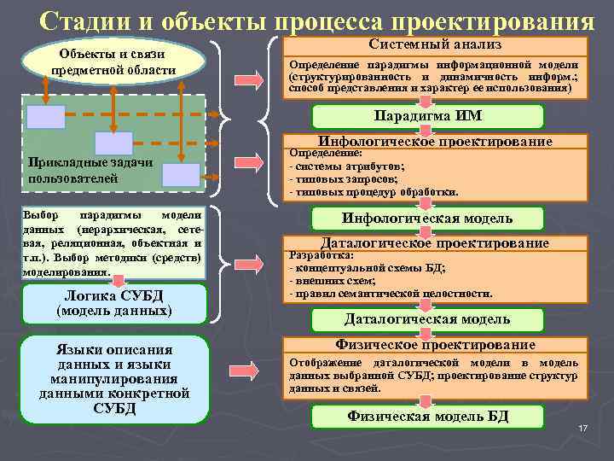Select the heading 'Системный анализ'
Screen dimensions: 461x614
coord(435,44)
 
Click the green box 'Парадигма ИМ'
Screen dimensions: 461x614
coord(427,117)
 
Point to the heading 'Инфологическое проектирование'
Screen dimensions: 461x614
coord(435,141)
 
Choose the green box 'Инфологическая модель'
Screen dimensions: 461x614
coord(427,218)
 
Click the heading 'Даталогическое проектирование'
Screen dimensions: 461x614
coord(435,243)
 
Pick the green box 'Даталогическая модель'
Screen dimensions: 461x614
coord(427,319)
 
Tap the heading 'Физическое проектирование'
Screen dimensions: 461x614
coord(435,345)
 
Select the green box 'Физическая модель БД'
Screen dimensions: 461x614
coord(427,417)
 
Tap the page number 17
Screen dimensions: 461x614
coord(583,427)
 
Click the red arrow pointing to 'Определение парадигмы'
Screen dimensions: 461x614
coord(255,79)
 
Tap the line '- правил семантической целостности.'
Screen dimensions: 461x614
coord(391,293)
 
